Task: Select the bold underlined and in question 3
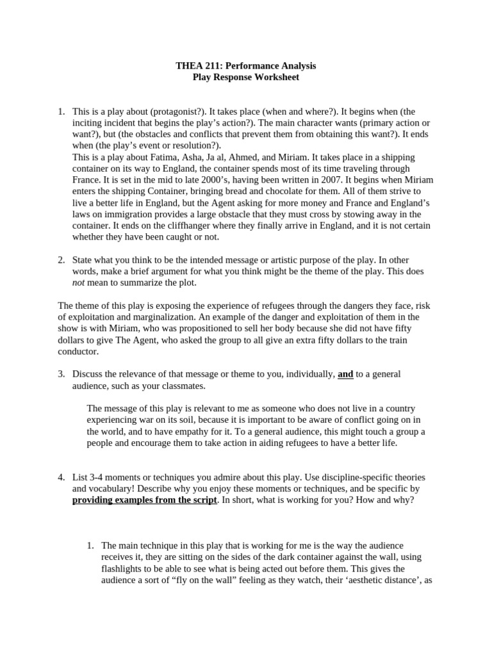tap(345, 374)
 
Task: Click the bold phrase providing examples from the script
tap(145, 500)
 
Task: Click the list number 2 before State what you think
tap(61, 260)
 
